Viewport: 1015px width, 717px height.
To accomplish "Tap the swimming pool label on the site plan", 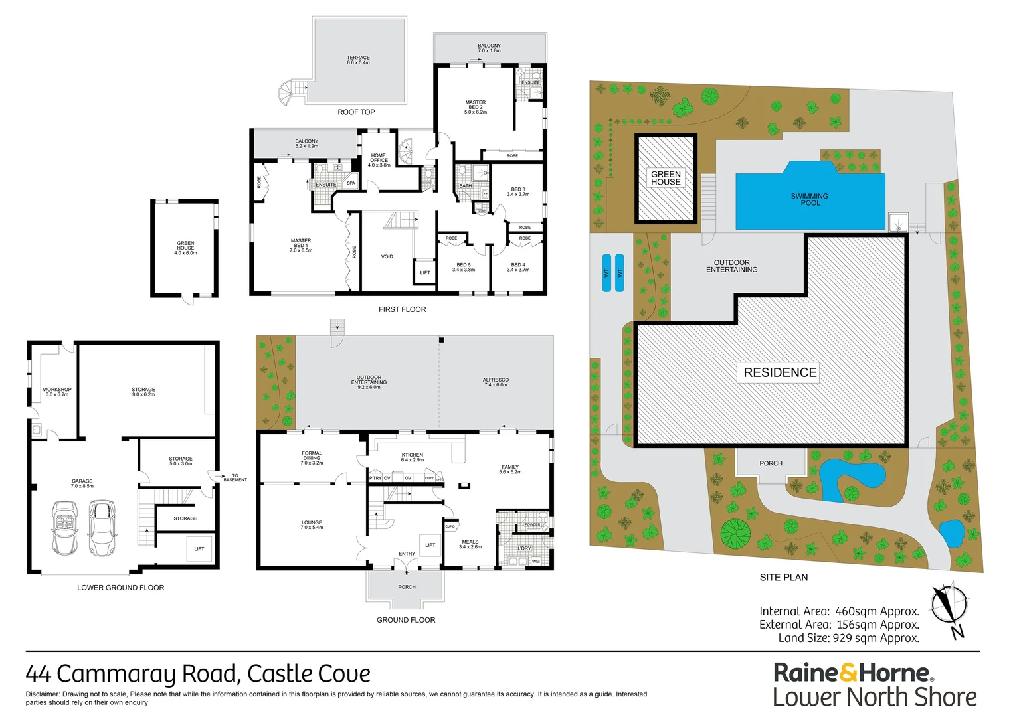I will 809,200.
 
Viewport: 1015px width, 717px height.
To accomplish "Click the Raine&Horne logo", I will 854,673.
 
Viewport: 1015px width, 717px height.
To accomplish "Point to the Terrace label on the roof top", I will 358,60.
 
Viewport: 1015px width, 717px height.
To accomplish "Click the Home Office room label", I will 379,160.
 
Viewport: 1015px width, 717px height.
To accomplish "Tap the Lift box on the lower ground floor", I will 199,549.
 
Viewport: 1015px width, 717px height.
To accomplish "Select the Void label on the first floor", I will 387,256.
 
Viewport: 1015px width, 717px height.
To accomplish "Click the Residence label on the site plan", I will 780,372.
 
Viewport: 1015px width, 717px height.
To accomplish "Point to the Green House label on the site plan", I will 666,178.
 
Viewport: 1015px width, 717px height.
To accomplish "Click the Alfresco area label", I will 496,382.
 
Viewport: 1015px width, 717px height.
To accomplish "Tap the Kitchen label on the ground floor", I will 412,457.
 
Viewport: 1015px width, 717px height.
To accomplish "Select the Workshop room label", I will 57,392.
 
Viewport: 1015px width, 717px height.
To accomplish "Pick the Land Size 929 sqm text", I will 848,638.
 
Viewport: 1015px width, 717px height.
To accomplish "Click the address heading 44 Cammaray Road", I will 198,674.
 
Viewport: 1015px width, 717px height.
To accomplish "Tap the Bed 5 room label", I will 464,267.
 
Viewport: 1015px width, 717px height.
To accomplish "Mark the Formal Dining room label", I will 312,458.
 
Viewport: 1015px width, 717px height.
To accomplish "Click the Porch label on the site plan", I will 771,463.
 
